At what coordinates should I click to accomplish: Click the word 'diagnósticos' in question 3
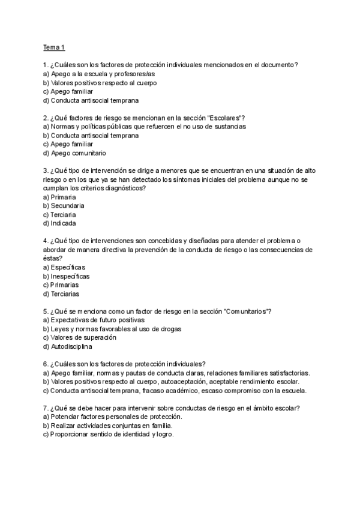click(126, 188)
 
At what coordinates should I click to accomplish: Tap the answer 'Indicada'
click(64, 223)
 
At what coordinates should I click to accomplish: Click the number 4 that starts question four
click(46, 241)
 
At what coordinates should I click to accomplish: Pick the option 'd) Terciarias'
click(61, 294)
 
